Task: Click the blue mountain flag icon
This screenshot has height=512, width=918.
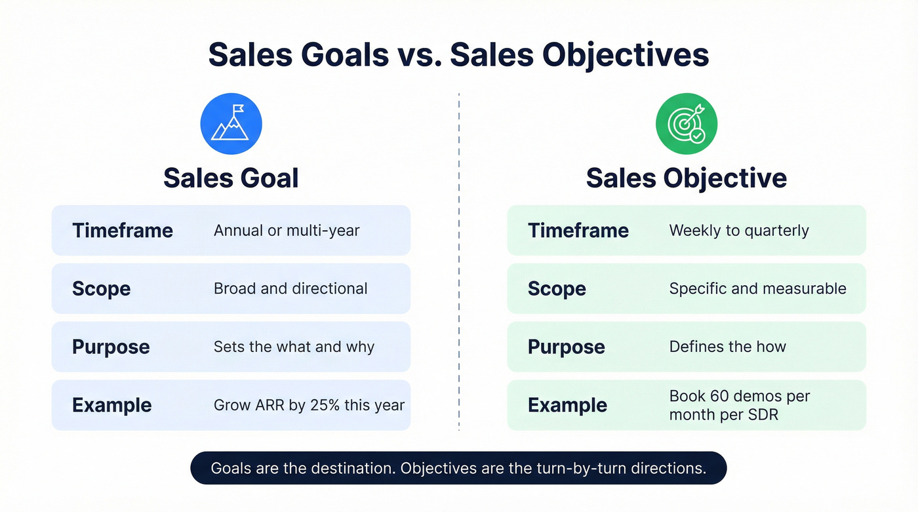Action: (x=231, y=124)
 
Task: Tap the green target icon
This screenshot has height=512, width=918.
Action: (x=686, y=124)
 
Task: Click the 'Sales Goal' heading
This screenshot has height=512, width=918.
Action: (x=231, y=178)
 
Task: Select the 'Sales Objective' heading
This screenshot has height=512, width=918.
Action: (x=686, y=178)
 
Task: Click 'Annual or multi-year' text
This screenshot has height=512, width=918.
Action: (x=287, y=231)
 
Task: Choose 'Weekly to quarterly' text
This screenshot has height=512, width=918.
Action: (x=739, y=231)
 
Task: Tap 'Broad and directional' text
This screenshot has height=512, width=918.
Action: (x=290, y=288)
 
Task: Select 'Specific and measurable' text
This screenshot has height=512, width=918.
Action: (x=757, y=288)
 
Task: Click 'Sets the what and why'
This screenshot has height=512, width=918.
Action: (x=294, y=347)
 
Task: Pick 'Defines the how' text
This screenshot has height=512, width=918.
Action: (x=727, y=347)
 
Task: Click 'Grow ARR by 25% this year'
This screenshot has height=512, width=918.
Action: (x=309, y=405)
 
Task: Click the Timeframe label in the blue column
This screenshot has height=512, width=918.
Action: (x=123, y=231)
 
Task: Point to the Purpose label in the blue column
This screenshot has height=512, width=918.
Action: (x=111, y=347)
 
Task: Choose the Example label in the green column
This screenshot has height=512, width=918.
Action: (x=567, y=405)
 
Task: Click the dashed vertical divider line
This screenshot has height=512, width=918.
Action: (x=459, y=262)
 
